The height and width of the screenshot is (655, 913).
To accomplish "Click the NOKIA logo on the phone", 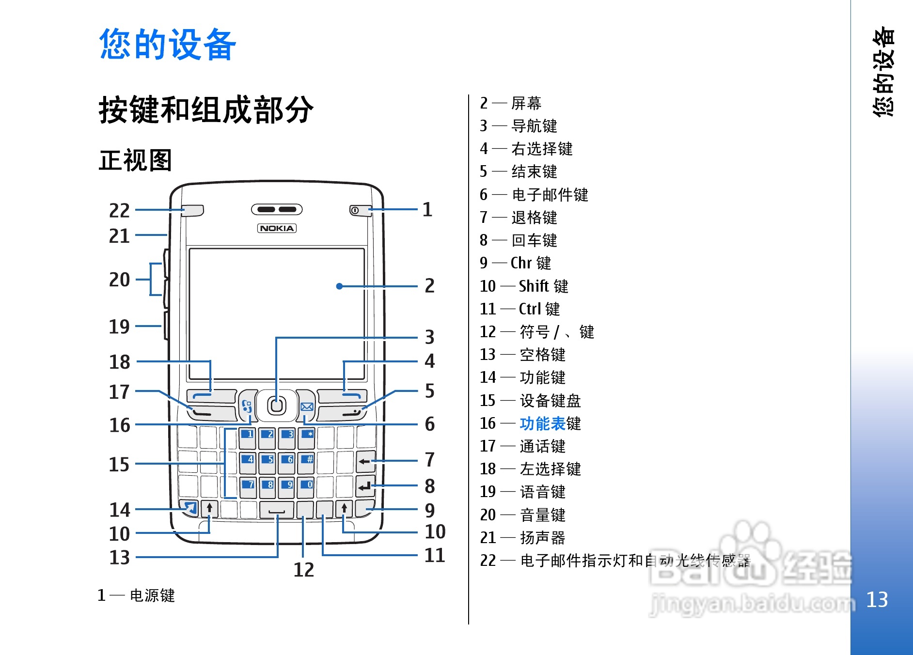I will (276, 228).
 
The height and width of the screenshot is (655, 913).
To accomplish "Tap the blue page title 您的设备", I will (167, 44).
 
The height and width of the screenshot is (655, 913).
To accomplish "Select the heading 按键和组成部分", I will (206, 110).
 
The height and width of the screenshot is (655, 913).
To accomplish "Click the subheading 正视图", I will (135, 160).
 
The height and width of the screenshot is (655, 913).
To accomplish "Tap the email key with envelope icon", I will (306, 406).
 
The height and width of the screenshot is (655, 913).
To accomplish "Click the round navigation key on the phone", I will (276, 405).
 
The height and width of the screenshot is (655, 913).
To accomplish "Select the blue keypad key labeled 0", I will (307, 486).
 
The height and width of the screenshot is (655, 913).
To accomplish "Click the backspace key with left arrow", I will (365, 461).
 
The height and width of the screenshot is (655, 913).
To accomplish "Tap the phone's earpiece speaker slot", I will (276, 209).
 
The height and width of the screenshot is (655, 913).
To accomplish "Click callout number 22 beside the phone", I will (119, 211).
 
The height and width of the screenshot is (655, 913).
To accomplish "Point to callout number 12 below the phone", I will (304, 570).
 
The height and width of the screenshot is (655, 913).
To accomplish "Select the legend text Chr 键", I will (531, 263).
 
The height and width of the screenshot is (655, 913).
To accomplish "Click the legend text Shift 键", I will (543, 286).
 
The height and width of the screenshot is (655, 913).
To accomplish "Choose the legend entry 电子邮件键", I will (550, 195).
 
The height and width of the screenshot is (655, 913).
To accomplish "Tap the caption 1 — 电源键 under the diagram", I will (136, 595).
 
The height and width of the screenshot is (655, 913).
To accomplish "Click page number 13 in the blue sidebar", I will (877, 600).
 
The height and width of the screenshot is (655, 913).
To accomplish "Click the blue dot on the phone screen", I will (339, 286).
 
